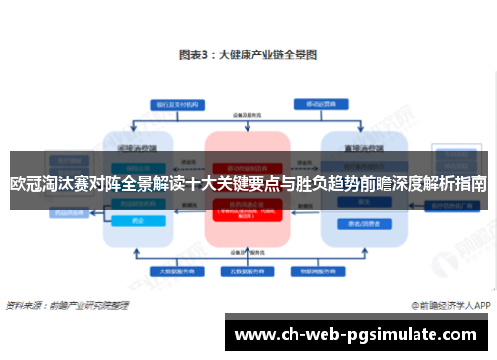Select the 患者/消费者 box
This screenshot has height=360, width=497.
(355, 223)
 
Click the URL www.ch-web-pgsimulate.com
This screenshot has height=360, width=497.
(359, 334)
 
